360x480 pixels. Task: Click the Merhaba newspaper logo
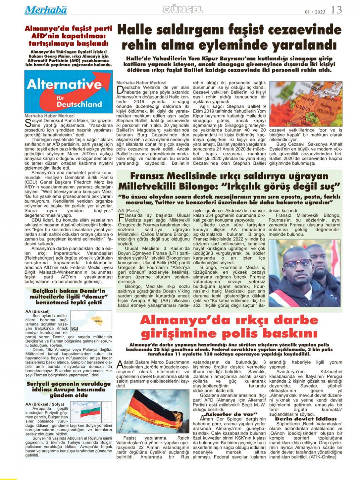(45, 10)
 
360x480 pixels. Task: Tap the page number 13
(336, 10)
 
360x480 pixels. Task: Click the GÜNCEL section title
(183, 10)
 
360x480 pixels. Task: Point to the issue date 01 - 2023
(315, 12)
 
